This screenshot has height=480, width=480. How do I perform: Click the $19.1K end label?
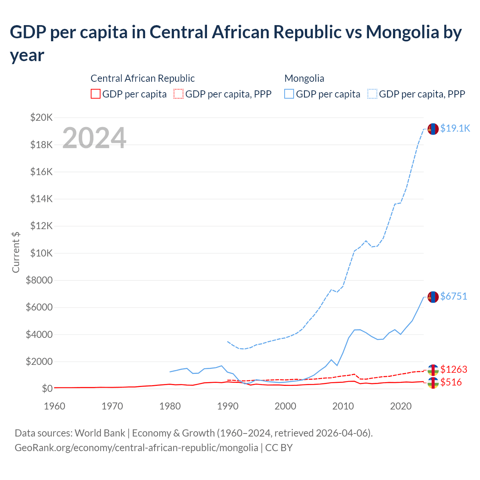point(455,128)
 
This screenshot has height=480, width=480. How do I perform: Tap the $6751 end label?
point(453,296)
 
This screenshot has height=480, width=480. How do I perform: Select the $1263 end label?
point(453,369)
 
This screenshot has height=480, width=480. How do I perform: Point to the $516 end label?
point(451,382)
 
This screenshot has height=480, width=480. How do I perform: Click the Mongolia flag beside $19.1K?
point(433,129)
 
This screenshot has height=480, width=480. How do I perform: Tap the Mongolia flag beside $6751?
point(433,297)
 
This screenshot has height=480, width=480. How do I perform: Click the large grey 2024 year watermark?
point(94,138)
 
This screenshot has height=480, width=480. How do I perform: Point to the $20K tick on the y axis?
point(41,117)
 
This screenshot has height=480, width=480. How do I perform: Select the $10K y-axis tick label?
point(41,253)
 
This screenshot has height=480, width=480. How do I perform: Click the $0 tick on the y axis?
point(47,388)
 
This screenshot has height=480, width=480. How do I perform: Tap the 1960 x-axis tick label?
point(54,406)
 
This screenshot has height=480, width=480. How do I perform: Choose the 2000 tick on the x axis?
point(285,406)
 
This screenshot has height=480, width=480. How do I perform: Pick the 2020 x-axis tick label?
point(401,406)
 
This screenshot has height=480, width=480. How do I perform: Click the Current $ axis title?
point(16,252)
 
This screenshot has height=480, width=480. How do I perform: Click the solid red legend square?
point(96,94)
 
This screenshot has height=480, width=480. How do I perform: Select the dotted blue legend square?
point(372,94)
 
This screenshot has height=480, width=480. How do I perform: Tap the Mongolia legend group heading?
point(304,78)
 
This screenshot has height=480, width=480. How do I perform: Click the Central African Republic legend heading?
point(142,78)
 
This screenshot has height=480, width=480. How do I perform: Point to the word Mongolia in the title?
point(402,32)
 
